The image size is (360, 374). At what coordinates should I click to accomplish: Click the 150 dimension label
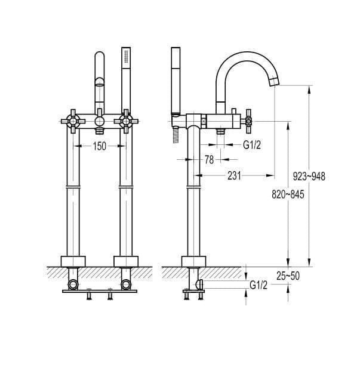click(x=99, y=146)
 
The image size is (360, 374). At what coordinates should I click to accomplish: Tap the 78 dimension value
click(x=209, y=160)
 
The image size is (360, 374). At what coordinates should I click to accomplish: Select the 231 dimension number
click(x=234, y=176)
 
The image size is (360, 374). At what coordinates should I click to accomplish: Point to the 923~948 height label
click(x=309, y=177)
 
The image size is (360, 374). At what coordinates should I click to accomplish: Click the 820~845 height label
click(x=288, y=194)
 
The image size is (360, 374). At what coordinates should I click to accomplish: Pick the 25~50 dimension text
click(x=288, y=276)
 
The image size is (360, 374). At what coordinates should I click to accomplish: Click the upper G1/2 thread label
click(x=252, y=144)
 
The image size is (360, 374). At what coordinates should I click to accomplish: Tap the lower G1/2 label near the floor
click(x=259, y=285)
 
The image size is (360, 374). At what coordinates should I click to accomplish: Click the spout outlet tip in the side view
click(x=275, y=82)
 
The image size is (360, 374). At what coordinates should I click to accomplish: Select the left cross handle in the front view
click(x=73, y=122)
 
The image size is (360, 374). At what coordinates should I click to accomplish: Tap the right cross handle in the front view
click(x=126, y=122)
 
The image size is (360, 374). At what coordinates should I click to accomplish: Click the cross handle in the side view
click(x=248, y=122)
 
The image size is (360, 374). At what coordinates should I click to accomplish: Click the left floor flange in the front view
click(x=73, y=261)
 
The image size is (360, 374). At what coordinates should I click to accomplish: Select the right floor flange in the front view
click(x=126, y=261)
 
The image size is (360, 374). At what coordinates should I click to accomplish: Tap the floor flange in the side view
click(x=193, y=261)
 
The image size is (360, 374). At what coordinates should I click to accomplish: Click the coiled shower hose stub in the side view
click(x=176, y=135)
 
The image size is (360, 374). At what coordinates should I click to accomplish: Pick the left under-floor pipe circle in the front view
click(x=73, y=285)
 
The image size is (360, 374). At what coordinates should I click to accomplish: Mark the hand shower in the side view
click(x=176, y=80)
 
